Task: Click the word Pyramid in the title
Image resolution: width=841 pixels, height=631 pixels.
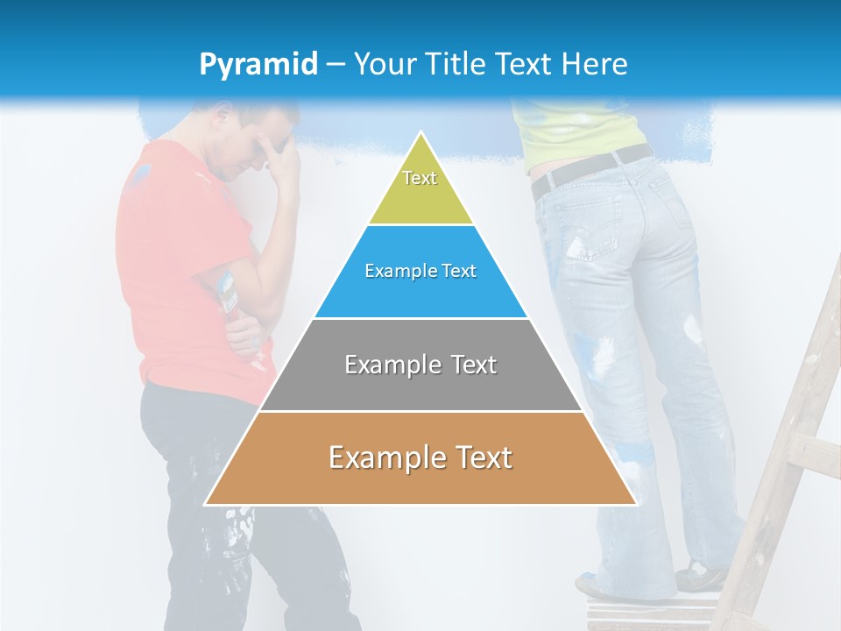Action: point(258,65)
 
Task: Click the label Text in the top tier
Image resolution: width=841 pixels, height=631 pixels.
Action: point(420,178)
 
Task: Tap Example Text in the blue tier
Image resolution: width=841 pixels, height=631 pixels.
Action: point(420,271)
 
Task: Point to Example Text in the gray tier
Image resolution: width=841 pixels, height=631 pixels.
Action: point(420,365)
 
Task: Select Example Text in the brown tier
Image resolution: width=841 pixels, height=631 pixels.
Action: point(420,457)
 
